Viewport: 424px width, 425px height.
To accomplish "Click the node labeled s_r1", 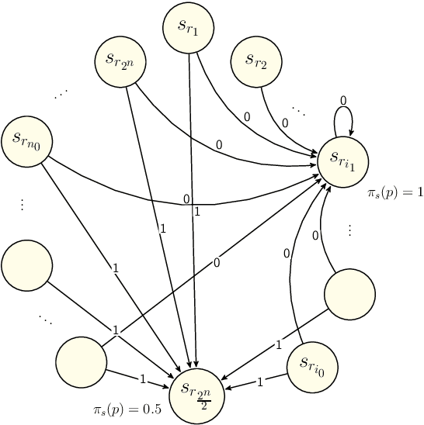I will pos(189,27).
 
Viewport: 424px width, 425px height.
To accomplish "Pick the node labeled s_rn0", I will pos(27,140).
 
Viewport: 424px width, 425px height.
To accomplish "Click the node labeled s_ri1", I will pos(342,161).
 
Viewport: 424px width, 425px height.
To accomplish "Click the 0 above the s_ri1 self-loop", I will pos(343,100).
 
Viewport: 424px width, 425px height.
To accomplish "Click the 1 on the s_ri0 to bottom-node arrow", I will pos(260,381).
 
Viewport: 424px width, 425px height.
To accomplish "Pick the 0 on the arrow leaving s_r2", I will pos(285,123).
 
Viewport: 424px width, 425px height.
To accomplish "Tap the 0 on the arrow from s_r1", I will pos(247,116).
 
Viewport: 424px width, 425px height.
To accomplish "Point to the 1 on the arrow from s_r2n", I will pos(162,229).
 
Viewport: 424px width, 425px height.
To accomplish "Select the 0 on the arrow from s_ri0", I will pos(287,253).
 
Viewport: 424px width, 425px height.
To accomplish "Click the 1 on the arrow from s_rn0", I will pos(115,269).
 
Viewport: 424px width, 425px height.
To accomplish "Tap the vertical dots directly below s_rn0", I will pos(22,205).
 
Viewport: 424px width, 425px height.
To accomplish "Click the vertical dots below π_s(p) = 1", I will pos(349,230).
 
